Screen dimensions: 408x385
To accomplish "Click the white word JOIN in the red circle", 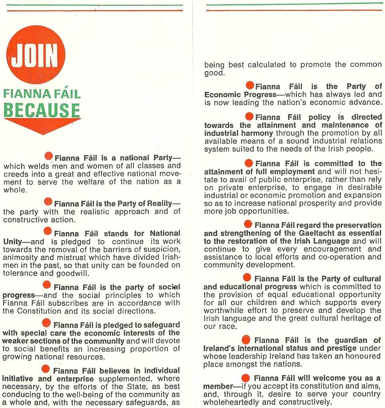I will click(x=35, y=56).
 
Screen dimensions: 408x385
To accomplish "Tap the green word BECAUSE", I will click(x=42, y=110).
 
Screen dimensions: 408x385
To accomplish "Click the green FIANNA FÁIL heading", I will click(x=42, y=94).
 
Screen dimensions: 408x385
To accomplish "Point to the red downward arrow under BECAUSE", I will click(x=42, y=126).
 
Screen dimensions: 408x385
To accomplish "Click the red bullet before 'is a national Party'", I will click(x=49, y=156).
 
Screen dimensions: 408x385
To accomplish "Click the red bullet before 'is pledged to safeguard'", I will click(x=47, y=323).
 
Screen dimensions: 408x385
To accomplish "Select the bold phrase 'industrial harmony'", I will click(x=239, y=133).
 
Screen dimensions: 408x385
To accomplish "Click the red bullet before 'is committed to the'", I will click(x=249, y=163).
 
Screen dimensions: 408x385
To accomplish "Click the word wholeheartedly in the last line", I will click(x=236, y=402).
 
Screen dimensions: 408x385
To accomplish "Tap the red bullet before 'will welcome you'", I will click(x=246, y=378).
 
